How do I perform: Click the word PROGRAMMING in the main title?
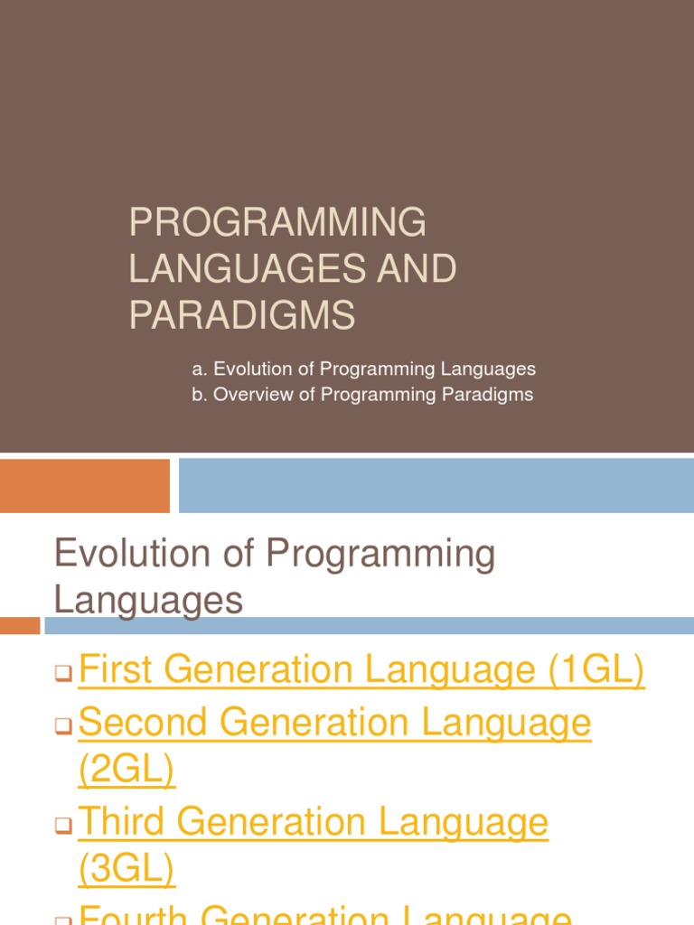277,223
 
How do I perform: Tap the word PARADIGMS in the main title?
242,315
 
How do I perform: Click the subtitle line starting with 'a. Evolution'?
363,369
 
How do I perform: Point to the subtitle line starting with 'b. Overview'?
362,395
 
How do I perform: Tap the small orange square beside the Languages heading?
20,625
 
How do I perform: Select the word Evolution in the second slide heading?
133,554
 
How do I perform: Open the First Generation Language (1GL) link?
361,670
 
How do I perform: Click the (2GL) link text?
127,770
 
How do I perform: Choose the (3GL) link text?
127,869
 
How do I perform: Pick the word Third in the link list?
135,821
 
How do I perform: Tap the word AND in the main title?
417,269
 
